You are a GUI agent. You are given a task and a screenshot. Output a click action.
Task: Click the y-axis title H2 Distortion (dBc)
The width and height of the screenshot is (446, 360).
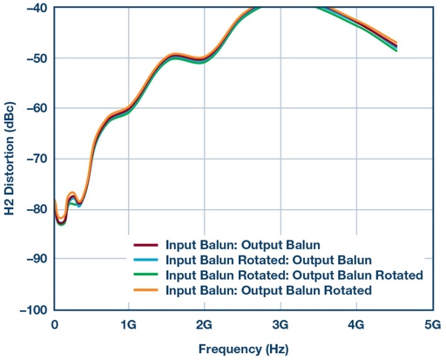pos(10,158)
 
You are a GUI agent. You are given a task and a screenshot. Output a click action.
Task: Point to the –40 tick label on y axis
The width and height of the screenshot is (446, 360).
pos(34,8)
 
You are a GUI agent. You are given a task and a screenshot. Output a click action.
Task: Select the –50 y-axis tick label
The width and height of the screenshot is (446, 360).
pos(34,58)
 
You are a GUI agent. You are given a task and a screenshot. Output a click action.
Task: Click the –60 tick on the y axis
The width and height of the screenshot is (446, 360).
pos(34,108)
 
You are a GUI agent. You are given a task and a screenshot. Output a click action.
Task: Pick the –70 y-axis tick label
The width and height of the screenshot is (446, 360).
pos(34,159)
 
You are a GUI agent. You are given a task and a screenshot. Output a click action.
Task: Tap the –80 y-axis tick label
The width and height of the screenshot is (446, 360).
pos(34,209)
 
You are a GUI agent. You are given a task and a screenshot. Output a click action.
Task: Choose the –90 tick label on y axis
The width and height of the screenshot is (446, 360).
pos(34,259)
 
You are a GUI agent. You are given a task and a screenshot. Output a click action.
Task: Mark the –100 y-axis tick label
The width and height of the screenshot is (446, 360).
pos(31,309)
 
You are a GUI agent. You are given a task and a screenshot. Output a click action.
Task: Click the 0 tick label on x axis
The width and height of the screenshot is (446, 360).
pos(54,323)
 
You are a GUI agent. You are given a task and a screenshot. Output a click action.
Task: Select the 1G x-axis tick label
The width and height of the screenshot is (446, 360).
pos(129,323)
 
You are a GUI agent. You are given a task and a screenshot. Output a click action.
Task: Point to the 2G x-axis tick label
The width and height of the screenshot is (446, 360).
pos(204,323)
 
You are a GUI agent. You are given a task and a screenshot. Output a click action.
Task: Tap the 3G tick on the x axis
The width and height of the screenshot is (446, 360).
pos(279,323)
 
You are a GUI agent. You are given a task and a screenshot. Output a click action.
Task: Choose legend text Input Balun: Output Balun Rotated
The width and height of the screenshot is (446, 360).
pos(269,289)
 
